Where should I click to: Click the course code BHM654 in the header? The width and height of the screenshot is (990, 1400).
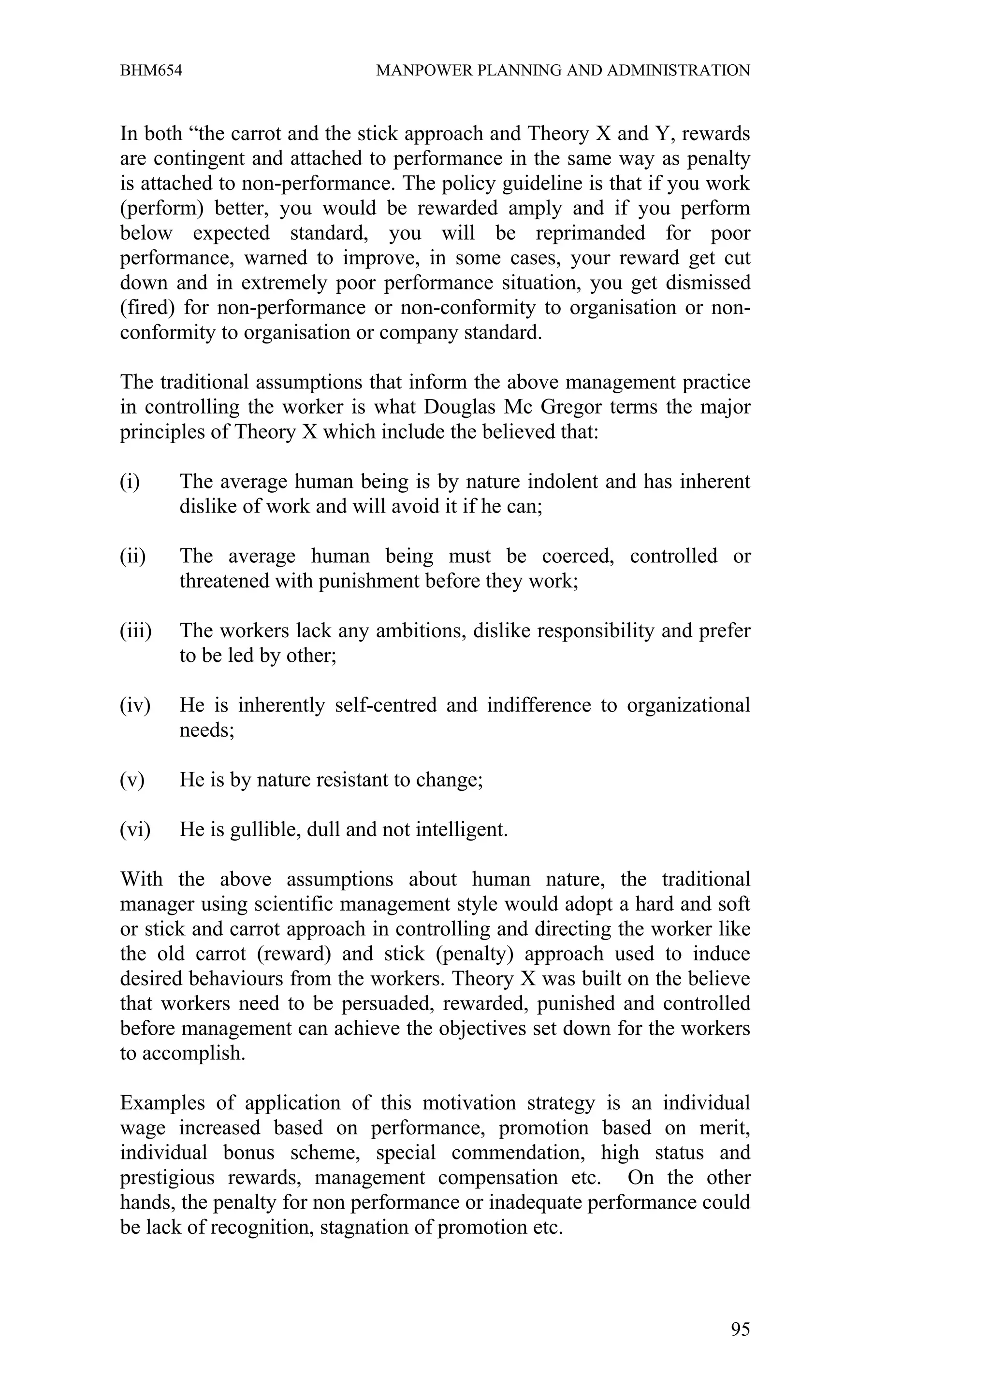pyautogui.click(x=151, y=71)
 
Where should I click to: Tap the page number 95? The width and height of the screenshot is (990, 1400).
pyautogui.click(x=740, y=1329)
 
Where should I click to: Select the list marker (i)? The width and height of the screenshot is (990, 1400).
pyautogui.click(x=130, y=482)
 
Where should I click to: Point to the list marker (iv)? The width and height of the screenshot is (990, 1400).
pyautogui.click(x=135, y=705)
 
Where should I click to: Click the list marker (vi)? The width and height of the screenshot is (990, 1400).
pyautogui.click(x=135, y=830)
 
